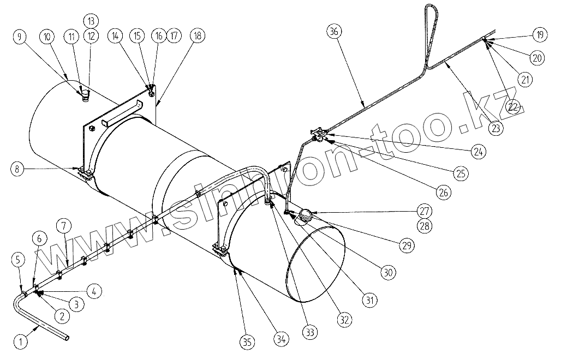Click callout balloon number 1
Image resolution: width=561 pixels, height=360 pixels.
[20, 342]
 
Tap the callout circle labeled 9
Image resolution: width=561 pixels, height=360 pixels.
[20, 37]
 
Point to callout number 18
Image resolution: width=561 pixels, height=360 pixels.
[197, 36]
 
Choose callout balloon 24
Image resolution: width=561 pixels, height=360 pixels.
[478, 152]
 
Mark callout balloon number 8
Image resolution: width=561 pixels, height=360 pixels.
[19, 169]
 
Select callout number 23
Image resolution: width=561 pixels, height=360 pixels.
[496, 129]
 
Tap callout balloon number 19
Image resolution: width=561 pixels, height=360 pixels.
[540, 34]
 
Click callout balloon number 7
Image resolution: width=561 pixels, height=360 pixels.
[63, 225]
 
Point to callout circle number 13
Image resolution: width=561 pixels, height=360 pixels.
[91, 21]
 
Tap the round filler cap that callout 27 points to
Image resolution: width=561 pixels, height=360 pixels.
[303, 215]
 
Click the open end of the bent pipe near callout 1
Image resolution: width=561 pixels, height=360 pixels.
[67, 338]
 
